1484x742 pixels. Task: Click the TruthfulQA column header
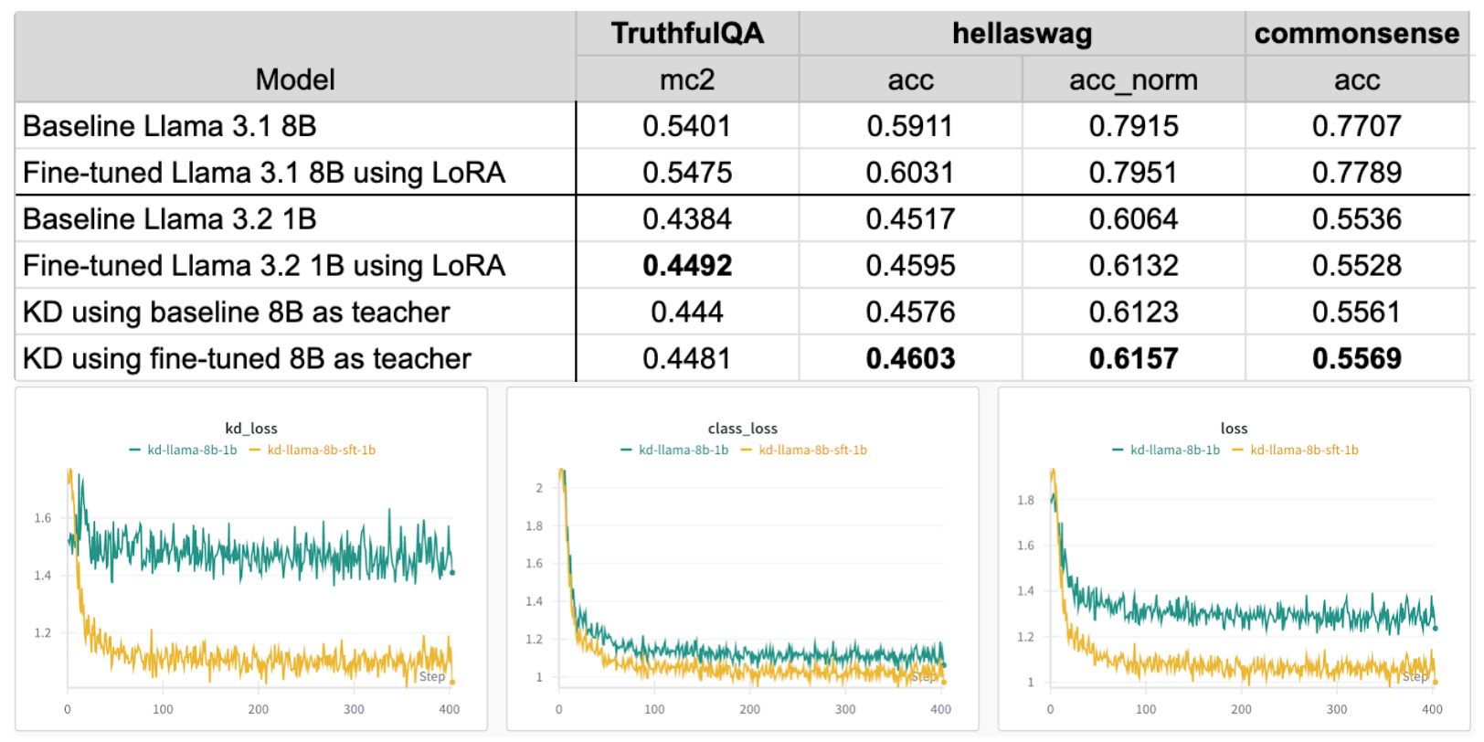(x=687, y=34)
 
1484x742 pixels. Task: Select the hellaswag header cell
(x=1022, y=34)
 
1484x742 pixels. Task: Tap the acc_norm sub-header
(x=1133, y=80)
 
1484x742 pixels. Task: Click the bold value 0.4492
(x=687, y=266)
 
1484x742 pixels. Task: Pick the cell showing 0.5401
(x=687, y=126)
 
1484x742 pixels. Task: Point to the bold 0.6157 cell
(x=1133, y=359)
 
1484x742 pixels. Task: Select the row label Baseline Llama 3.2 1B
(x=170, y=219)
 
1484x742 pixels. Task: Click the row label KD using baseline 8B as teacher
(x=237, y=313)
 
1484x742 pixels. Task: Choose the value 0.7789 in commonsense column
(x=1356, y=173)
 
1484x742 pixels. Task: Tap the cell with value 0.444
(x=687, y=313)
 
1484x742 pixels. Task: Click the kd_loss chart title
(x=251, y=429)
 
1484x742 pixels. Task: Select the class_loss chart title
(x=742, y=429)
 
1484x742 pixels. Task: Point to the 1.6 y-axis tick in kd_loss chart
(x=43, y=518)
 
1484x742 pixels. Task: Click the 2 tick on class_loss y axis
(x=539, y=488)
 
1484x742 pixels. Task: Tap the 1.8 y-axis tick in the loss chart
(x=1025, y=500)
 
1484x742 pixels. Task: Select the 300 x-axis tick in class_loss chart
(x=845, y=709)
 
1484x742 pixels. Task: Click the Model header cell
(x=295, y=80)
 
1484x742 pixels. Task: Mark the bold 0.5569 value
(x=1356, y=359)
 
